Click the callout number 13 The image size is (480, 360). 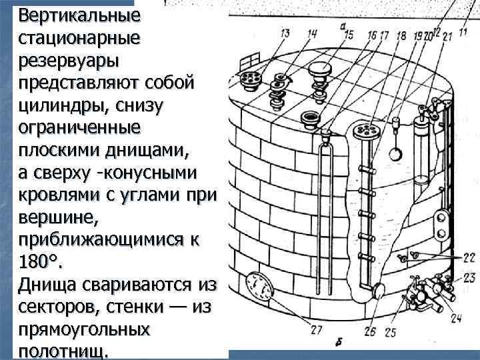tap(285, 33)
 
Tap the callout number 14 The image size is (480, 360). tap(305, 33)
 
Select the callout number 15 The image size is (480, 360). tap(348, 34)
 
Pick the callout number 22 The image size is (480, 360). tap(468, 257)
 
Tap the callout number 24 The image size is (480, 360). tap(455, 319)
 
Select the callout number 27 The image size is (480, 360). tap(315, 329)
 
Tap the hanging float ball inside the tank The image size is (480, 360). tap(394, 154)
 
